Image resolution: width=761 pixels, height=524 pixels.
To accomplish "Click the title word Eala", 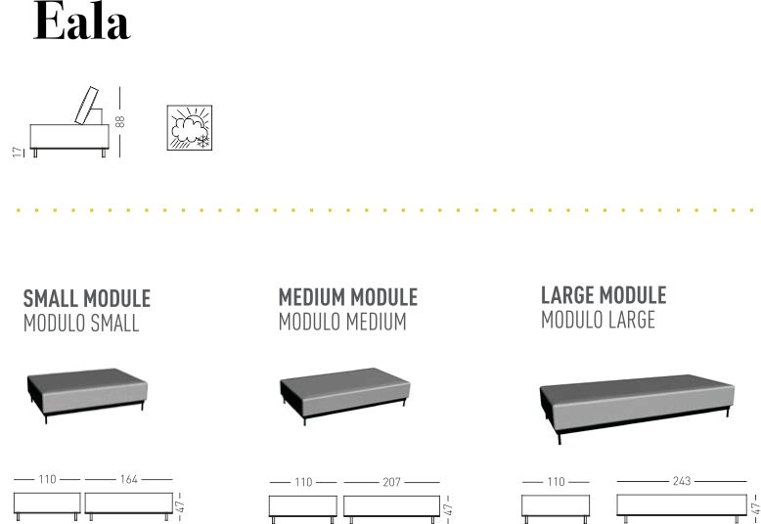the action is click(x=81, y=23).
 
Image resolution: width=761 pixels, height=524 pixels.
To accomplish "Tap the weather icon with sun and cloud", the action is click(x=189, y=128).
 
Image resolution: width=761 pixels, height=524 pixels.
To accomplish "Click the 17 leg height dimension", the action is click(x=16, y=152).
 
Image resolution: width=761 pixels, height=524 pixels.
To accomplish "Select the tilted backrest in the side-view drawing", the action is click(x=87, y=106).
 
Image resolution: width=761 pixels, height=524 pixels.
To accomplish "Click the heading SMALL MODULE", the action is click(x=87, y=298).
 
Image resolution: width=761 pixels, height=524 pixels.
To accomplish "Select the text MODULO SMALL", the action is click(x=81, y=323).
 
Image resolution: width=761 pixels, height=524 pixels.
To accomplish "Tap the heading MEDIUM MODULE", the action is click(x=347, y=297).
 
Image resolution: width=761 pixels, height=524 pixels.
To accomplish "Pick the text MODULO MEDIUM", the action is click(x=341, y=321).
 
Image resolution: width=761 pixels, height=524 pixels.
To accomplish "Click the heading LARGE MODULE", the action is click(x=604, y=295).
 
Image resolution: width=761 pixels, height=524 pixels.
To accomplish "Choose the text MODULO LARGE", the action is click(x=598, y=319).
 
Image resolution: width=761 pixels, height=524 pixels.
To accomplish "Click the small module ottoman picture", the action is click(x=87, y=393).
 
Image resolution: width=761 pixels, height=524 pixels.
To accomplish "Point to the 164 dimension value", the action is click(x=128, y=479).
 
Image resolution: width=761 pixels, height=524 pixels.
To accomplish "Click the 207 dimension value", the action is click(x=392, y=482).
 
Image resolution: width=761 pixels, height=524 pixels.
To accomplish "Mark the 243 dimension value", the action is click(x=682, y=481).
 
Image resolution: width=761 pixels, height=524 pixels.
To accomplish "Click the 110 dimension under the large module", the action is click(x=556, y=481).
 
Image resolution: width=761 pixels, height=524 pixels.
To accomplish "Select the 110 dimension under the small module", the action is click(x=47, y=479).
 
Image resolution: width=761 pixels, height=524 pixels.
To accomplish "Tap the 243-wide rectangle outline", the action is click(x=681, y=505).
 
